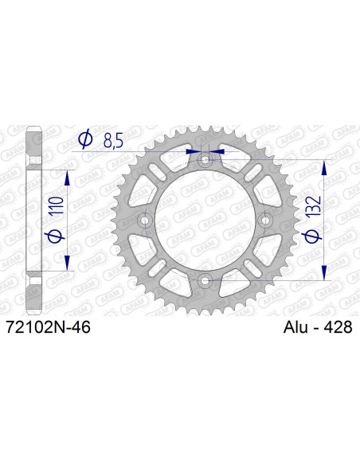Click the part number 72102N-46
coord(47,327)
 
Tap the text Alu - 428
coord(318,327)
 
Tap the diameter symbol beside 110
coord(55,236)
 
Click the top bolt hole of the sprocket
coord(205,160)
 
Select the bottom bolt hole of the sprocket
coord(205,279)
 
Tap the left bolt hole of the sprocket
coord(146,220)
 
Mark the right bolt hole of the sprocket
coord(265,220)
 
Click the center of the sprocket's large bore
coord(205,220)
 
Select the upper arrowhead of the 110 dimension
coord(67,177)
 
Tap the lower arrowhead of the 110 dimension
coord(67,264)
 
